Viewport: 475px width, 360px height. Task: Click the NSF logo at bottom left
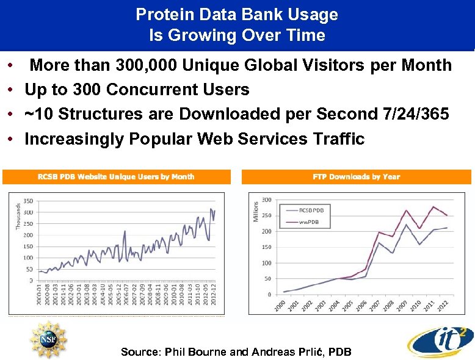point(48,339)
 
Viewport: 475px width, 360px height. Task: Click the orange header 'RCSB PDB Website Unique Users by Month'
point(117,177)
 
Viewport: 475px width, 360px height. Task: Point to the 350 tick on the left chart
point(28,201)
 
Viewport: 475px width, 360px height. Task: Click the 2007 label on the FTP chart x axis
point(373,304)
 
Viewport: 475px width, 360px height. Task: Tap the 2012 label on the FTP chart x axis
point(444,304)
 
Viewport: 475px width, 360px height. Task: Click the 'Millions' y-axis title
point(256,211)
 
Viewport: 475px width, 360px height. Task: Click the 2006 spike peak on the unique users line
point(125,231)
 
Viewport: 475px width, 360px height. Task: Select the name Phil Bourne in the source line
point(177,352)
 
